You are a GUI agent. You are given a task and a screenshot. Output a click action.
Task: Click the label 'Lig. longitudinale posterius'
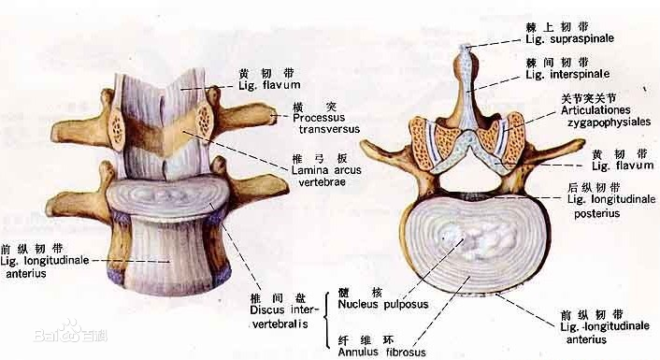point(605,206)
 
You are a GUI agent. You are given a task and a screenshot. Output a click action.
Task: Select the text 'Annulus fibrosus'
point(380,353)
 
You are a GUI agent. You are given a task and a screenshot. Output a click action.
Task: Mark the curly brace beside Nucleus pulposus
point(325,318)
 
